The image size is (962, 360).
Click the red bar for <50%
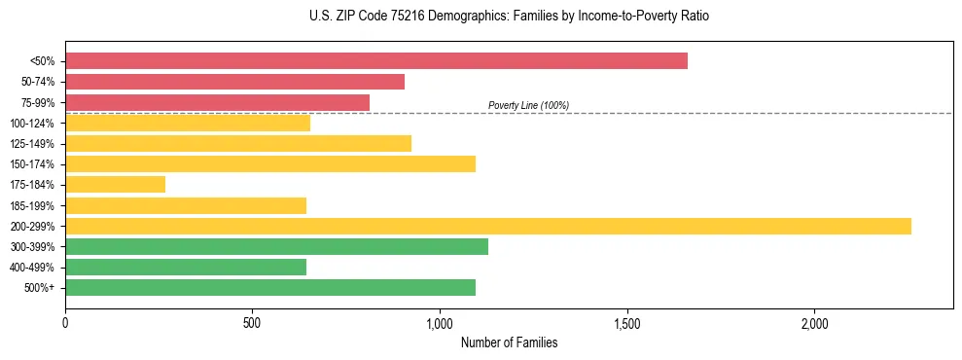[x=376, y=61]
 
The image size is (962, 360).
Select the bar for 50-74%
[x=234, y=82]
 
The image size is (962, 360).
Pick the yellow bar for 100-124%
[x=188, y=123]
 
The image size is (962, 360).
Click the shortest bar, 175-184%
[x=115, y=184]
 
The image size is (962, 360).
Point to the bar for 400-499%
[x=186, y=267]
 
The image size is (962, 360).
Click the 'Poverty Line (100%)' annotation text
[x=528, y=105]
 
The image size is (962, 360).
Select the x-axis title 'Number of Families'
[x=509, y=342]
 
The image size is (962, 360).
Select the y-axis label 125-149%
[x=33, y=144]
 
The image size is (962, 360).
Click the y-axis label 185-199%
[x=33, y=205]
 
